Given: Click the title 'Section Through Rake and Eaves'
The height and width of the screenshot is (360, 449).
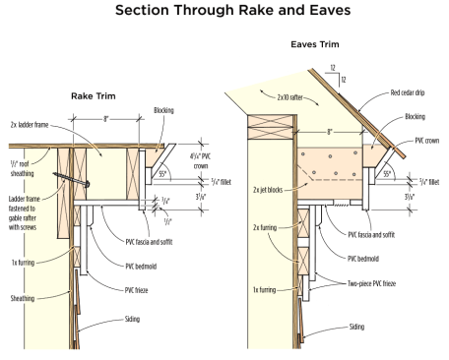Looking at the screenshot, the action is click(x=232, y=10).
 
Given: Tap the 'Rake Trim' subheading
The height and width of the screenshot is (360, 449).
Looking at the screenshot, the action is click(x=94, y=96).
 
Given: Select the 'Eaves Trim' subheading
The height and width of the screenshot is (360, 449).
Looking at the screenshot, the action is click(x=315, y=44).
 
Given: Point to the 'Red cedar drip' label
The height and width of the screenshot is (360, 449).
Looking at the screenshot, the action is click(x=408, y=92).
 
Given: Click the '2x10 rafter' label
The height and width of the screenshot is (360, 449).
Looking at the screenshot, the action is click(x=289, y=97).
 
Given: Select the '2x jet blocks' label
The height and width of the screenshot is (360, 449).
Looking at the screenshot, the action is click(x=268, y=190).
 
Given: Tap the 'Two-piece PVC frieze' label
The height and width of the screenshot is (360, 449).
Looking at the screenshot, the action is click(x=371, y=283).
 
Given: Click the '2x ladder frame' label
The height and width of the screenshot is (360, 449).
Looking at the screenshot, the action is click(x=30, y=125).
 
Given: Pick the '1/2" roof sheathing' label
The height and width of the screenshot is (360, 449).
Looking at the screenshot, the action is click(x=22, y=168).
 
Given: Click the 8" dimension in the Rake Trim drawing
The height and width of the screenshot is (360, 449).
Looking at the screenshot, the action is click(x=105, y=119).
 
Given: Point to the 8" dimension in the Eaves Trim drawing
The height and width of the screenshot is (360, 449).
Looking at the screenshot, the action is click(x=330, y=132).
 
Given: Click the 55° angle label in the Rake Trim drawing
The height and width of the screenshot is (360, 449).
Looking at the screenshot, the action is click(x=162, y=174).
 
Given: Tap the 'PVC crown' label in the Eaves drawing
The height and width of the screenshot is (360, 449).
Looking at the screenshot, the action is click(x=427, y=141).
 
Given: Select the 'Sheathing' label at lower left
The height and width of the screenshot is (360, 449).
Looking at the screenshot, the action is click(x=23, y=298).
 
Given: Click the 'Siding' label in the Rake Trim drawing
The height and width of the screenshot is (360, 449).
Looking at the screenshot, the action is click(x=132, y=319).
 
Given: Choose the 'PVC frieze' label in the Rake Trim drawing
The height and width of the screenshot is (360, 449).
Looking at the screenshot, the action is click(x=136, y=290).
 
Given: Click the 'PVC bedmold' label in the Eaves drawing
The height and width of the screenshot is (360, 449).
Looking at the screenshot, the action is click(x=363, y=259).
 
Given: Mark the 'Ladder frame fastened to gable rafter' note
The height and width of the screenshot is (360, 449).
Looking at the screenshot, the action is click(x=23, y=212).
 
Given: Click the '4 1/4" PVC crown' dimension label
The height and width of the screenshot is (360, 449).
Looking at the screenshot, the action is click(x=200, y=161).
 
